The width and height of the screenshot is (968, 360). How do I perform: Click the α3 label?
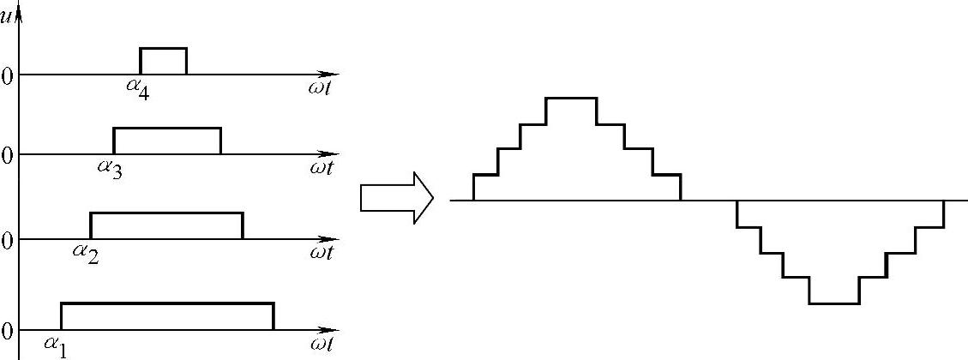coord(109,168)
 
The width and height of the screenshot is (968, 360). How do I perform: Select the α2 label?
coord(86,252)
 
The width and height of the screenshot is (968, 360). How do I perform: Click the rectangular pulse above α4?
coord(163,61)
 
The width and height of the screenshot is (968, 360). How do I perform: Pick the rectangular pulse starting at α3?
coord(167,141)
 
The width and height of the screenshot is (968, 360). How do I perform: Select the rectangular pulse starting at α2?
coord(166,225)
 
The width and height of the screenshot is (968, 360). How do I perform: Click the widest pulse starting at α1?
coord(167,316)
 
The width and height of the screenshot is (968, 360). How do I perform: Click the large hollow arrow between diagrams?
coord(396,197)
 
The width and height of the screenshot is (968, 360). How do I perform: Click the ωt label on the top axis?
coord(322,88)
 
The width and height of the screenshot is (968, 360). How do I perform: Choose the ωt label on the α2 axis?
coord(322,252)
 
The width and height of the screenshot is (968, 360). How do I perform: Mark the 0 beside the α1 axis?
coord(7,332)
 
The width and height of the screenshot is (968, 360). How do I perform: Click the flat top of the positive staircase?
coord(571,99)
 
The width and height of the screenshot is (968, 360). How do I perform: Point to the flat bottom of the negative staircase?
coord(834,303)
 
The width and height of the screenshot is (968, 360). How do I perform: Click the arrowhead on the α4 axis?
coord(332,75)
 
